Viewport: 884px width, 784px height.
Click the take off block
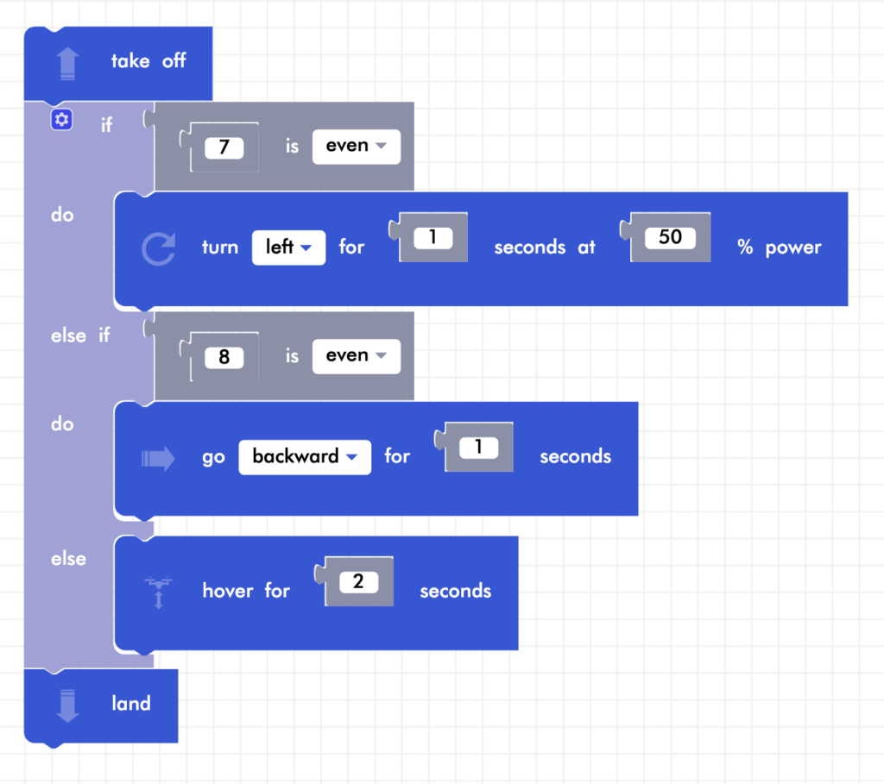pos(148,61)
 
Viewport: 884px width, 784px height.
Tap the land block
pos(130,704)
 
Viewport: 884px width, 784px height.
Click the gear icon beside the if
pos(61,120)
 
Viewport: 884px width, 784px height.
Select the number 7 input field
pos(224,147)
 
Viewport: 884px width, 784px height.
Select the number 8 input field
pos(224,357)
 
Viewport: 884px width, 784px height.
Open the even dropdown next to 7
pos(356,146)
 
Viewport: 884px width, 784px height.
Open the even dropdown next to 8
pos(356,355)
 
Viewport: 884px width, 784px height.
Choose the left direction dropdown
pos(288,248)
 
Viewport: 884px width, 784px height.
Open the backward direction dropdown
pos(304,457)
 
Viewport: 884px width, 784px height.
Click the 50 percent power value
pos(670,237)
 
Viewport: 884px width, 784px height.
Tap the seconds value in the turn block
pos(433,237)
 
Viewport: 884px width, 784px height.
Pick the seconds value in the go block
pos(478,447)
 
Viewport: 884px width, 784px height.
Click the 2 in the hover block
pos(358,581)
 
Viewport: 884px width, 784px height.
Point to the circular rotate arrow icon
pos(158,248)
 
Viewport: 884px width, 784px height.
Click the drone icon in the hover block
pos(158,592)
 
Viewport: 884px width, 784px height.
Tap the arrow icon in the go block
pos(158,458)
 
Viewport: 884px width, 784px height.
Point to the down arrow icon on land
pos(67,705)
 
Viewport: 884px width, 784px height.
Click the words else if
pos(80,336)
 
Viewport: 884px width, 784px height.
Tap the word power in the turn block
pos(792,248)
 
